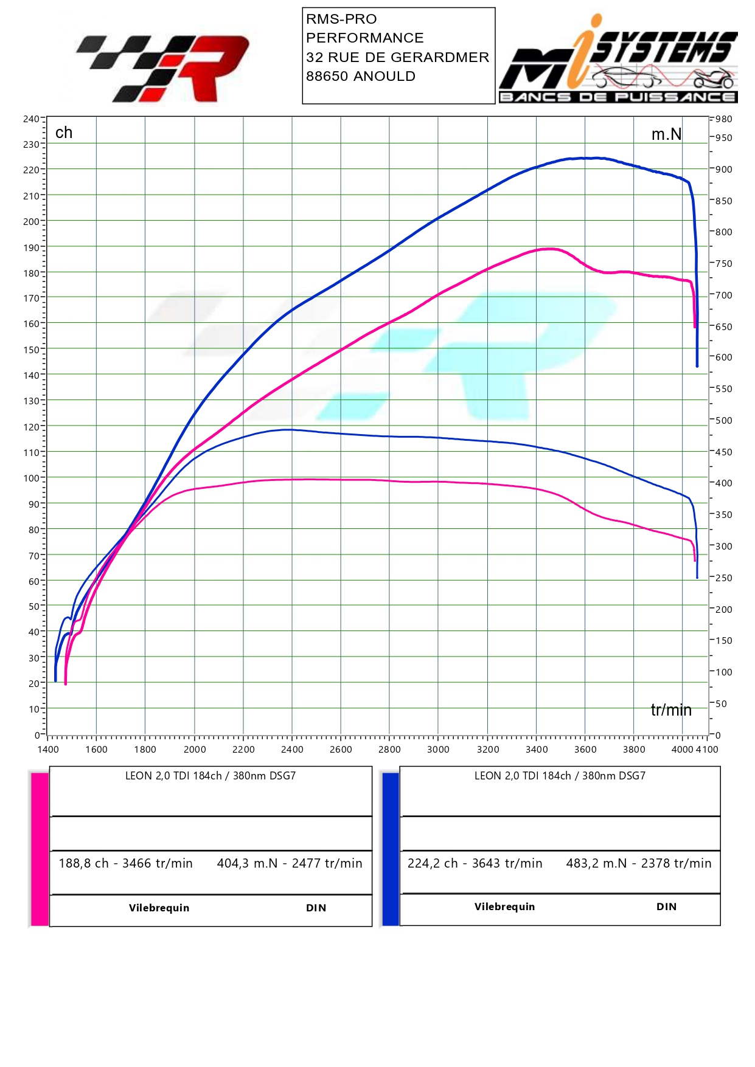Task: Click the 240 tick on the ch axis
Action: click(31, 119)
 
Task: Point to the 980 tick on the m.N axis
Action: click(723, 119)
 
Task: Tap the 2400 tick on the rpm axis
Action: click(292, 749)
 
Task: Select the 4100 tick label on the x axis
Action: click(708, 749)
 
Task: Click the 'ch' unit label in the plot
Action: click(64, 133)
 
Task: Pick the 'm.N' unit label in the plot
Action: click(666, 134)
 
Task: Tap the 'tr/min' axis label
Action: click(671, 710)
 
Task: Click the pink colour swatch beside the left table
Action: click(40, 849)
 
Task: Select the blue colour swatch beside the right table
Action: click(391, 849)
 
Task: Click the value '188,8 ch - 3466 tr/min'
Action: click(125, 863)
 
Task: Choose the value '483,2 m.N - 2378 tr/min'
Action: click(638, 863)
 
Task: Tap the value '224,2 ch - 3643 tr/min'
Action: click(475, 863)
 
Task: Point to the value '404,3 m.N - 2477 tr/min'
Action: click(290, 863)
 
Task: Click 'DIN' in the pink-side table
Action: click(316, 908)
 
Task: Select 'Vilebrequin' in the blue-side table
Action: click(504, 906)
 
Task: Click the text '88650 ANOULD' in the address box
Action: click(361, 76)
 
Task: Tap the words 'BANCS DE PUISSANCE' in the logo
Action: click(618, 97)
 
